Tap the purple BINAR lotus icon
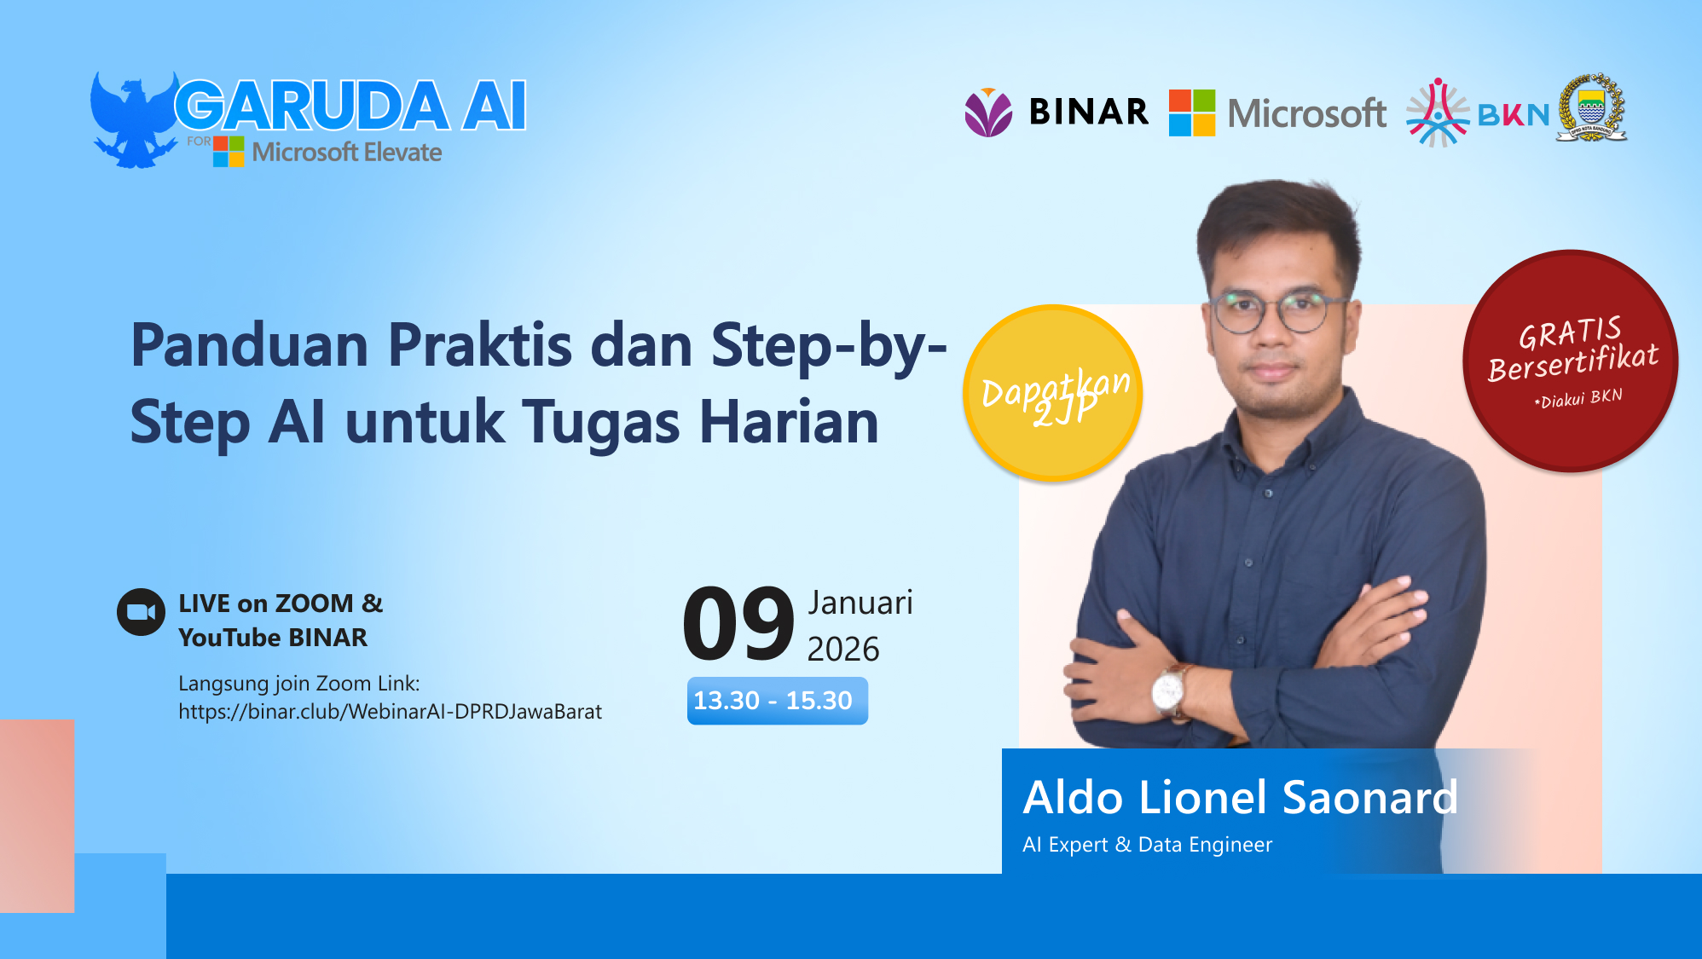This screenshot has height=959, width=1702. pos(988,113)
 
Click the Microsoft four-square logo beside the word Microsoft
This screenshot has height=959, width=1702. pos(1191,113)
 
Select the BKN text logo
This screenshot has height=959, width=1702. pos(1513,115)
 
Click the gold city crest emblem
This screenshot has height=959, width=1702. pos(1590,108)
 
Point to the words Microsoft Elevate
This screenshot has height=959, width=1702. pos(346,153)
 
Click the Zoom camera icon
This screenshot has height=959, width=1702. pos(141,612)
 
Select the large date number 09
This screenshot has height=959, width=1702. pos(738,624)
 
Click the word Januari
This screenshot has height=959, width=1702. pos(860,603)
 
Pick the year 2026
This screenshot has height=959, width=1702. pos(842,650)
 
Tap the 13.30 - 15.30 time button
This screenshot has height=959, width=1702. pos(777,701)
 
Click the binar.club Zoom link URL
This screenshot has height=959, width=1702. pos(390,712)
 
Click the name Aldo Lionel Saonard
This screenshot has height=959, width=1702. pos(1240,798)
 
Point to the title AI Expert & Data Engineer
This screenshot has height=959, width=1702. pos(1147,845)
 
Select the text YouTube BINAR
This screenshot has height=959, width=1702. pos(273,638)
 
